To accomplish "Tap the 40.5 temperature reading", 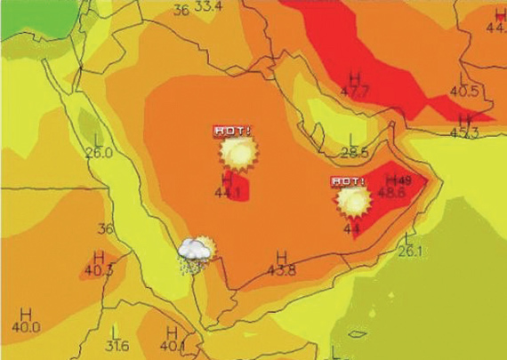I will [463, 91].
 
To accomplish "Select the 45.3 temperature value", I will [463, 132].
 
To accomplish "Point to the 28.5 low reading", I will [354, 153].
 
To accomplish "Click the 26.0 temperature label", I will [99, 152].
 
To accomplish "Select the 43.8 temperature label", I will [281, 268].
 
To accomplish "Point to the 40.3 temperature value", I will [99, 269].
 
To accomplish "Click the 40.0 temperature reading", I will [26, 327].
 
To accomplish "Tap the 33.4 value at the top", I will [208, 8].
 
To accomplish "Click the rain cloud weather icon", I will [196, 253].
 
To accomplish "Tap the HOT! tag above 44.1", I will [232, 131].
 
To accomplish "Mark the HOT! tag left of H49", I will [348, 181].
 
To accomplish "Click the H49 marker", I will [397, 180].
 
